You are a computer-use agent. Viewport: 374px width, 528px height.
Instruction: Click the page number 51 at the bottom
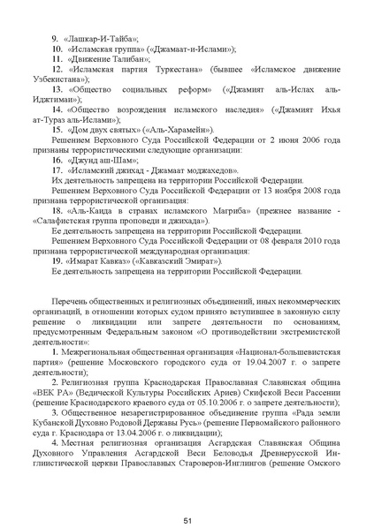(x=187, y=497)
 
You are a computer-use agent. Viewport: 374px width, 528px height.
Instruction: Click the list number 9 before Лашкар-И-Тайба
(x=56, y=39)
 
